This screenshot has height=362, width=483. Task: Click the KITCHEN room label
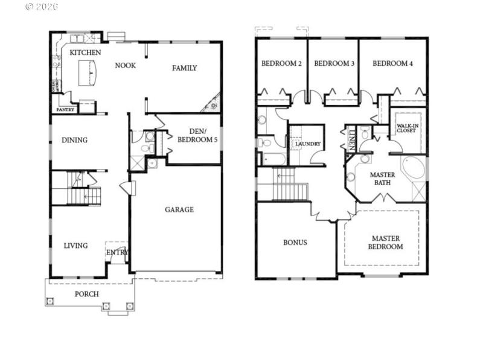click(x=85, y=52)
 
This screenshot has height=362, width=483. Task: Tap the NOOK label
click(x=125, y=65)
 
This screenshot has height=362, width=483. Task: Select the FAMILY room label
click(x=184, y=68)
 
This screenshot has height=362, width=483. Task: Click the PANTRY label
click(x=65, y=110)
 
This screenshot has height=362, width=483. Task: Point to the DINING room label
click(x=74, y=140)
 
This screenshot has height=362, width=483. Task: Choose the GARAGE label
click(x=179, y=210)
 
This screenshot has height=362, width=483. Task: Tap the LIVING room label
click(x=75, y=246)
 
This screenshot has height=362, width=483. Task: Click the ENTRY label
click(x=118, y=253)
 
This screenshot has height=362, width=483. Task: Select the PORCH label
click(x=86, y=294)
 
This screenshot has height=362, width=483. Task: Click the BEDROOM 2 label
click(x=281, y=63)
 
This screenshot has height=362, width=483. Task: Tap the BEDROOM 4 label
click(x=392, y=63)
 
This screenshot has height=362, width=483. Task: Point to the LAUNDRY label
click(x=307, y=144)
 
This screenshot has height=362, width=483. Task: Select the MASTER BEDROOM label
click(x=386, y=243)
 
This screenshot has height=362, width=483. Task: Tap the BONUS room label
click(x=295, y=243)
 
